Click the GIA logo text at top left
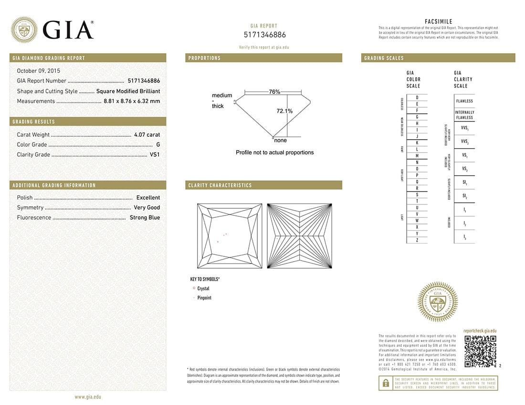point(68,30)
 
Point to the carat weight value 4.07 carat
point(147,135)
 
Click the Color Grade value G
point(158,145)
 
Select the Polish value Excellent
point(148,198)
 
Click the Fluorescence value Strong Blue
point(145,218)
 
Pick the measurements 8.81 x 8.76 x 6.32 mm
point(132,101)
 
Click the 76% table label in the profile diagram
point(274,92)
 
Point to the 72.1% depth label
point(284,111)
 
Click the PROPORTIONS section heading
point(204,58)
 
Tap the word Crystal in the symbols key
point(203,289)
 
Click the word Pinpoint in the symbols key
point(204,298)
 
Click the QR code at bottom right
point(480,352)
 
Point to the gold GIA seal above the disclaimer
point(437,302)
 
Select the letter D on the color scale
point(417,97)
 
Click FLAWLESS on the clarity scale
point(464,101)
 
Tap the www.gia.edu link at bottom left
point(88,397)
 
